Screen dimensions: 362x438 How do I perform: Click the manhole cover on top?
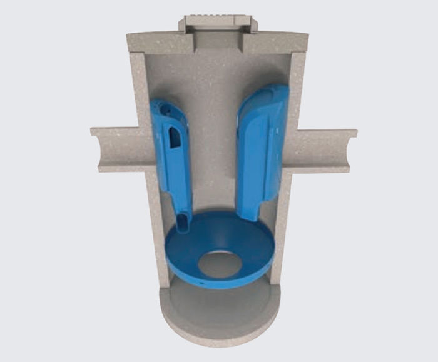[x=218, y=23]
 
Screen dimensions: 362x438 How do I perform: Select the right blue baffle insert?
[x=262, y=150]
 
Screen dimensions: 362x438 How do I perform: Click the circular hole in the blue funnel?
[x=219, y=264]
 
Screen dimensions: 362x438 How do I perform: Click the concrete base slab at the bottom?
[x=219, y=319]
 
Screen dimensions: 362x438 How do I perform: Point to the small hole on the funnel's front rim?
[x=203, y=282]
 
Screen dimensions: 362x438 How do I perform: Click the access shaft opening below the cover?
[x=218, y=41]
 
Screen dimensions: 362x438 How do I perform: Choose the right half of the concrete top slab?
[x=278, y=43]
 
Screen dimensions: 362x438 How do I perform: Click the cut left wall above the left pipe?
[x=139, y=88]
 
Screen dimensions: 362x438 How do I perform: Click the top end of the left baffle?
[x=161, y=105]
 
